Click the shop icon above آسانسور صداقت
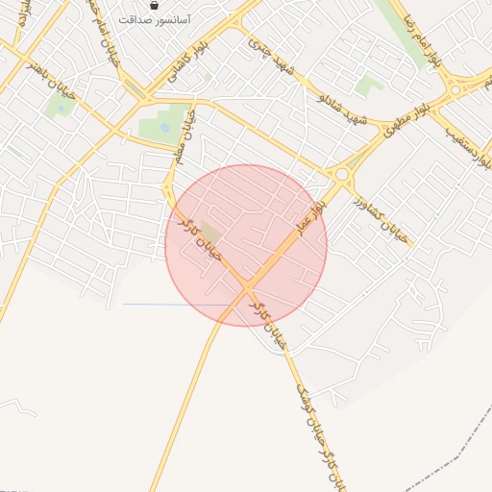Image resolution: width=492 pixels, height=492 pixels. click(x=155, y=6)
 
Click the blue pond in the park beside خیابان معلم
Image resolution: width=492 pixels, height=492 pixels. click(x=164, y=127)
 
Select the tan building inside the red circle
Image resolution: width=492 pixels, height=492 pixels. click(x=209, y=232)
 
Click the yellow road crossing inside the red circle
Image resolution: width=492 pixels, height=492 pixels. click(x=248, y=285)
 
